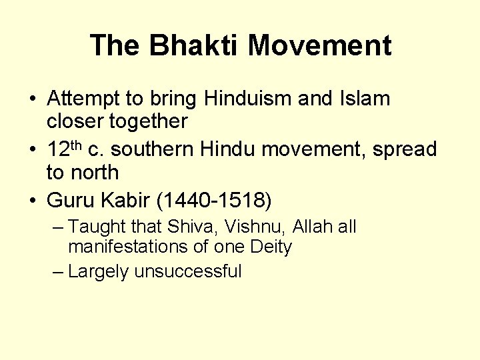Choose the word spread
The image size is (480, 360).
[x=405, y=149]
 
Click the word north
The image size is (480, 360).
[x=95, y=172]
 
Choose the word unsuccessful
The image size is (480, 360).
[x=187, y=271]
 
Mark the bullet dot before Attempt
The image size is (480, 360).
[x=32, y=99]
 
